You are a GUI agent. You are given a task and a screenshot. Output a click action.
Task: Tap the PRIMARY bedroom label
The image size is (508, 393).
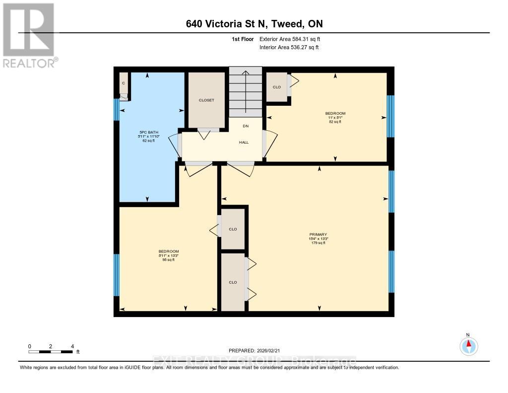coord(318,234)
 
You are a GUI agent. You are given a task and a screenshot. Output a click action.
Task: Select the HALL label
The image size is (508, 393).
coord(244,142)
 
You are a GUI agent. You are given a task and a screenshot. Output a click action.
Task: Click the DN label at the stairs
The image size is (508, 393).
coord(245,126)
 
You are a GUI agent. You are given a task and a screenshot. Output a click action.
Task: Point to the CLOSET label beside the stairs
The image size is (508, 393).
coord(206,100)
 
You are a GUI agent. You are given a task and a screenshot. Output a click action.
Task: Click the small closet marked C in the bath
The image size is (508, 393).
coord(124,83)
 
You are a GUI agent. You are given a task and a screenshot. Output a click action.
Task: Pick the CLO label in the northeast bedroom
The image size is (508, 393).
coord(277,87)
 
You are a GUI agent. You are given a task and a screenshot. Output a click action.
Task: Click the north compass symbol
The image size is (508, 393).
coord(468,345)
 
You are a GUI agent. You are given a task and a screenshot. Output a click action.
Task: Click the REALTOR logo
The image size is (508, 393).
coord(28,35)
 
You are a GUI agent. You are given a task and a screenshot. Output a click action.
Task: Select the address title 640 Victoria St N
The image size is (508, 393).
coord(254,24)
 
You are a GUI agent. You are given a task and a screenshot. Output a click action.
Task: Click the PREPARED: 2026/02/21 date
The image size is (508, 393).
coord(254,350)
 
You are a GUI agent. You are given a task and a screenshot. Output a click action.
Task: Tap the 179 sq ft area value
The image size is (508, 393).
coord(318,243)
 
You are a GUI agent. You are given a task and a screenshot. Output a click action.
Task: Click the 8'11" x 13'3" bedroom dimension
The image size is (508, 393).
coord(169,255)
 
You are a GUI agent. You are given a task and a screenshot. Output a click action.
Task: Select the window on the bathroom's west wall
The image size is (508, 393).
coord(117,110)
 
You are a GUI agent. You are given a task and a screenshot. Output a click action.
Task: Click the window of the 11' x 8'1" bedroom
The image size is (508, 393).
coord(390,116)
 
